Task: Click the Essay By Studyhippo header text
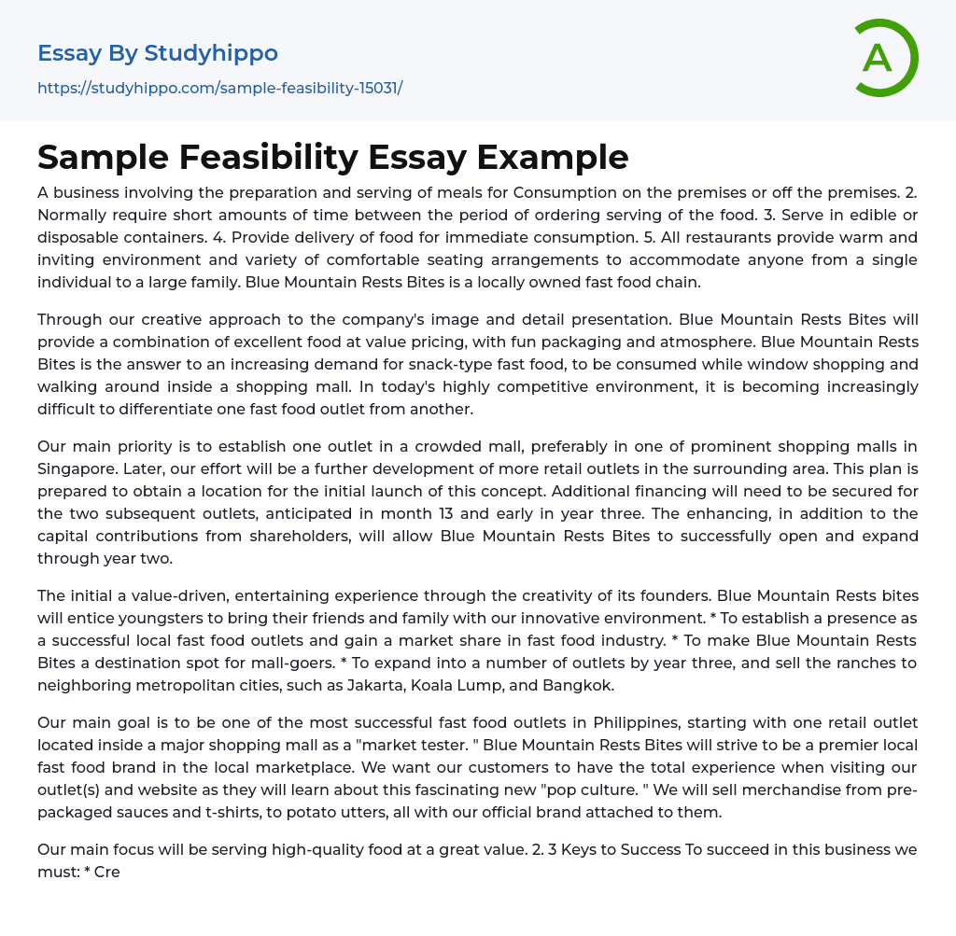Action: click(158, 53)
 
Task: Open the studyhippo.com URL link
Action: click(219, 89)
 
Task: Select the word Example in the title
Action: click(553, 158)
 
